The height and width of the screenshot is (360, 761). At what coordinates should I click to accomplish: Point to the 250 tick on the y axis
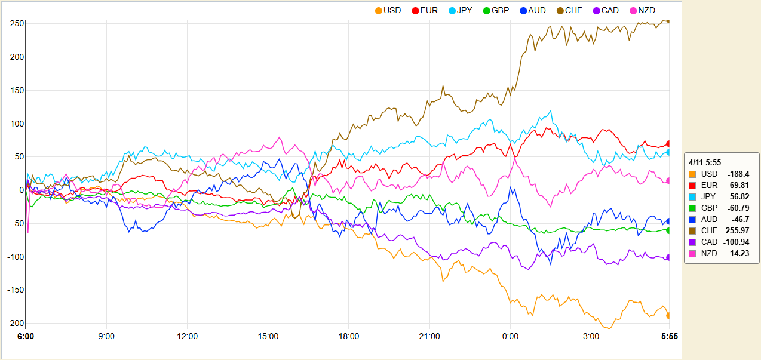pyautogui.click(x=16, y=23)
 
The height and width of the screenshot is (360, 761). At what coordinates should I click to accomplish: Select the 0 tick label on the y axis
pyautogui.click(x=20, y=190)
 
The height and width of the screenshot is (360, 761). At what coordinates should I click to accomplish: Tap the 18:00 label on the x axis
pyautogui.click(x=349, y=337)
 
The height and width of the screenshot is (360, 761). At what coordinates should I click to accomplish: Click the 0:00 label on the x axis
pyautogui.click(x=510, y=337)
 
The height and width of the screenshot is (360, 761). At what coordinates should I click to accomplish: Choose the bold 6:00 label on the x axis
pyautogui.click(x=25, y=337)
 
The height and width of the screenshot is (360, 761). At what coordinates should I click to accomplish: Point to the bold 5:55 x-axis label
pyautogui.click(x=669, y=337)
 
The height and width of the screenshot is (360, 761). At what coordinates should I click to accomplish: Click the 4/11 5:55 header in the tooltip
pyautogui.click(x=705, y=162)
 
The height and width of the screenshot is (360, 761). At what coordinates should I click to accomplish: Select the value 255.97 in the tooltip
pyautogui.click(x=737, y=230)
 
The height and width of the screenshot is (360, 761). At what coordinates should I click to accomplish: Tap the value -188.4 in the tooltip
pyautogui.click(x=738, y=174)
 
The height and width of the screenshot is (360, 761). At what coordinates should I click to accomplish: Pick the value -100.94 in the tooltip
pyautogui.click(x=735, y=242)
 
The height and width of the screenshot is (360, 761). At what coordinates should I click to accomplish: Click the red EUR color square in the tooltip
pyautogui.click(x=692, y=185)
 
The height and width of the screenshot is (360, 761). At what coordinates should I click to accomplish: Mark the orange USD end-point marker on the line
pyautogui.click(x=668, y=315)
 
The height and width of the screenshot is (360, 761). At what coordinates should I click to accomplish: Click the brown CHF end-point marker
pyautogui.click(x=668, y=21)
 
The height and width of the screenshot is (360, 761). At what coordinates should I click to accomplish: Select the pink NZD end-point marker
pyautogui.click(x=668, y=180)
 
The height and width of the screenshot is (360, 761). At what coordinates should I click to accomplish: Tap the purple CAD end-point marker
pyautogui.click(x=668, y=257)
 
